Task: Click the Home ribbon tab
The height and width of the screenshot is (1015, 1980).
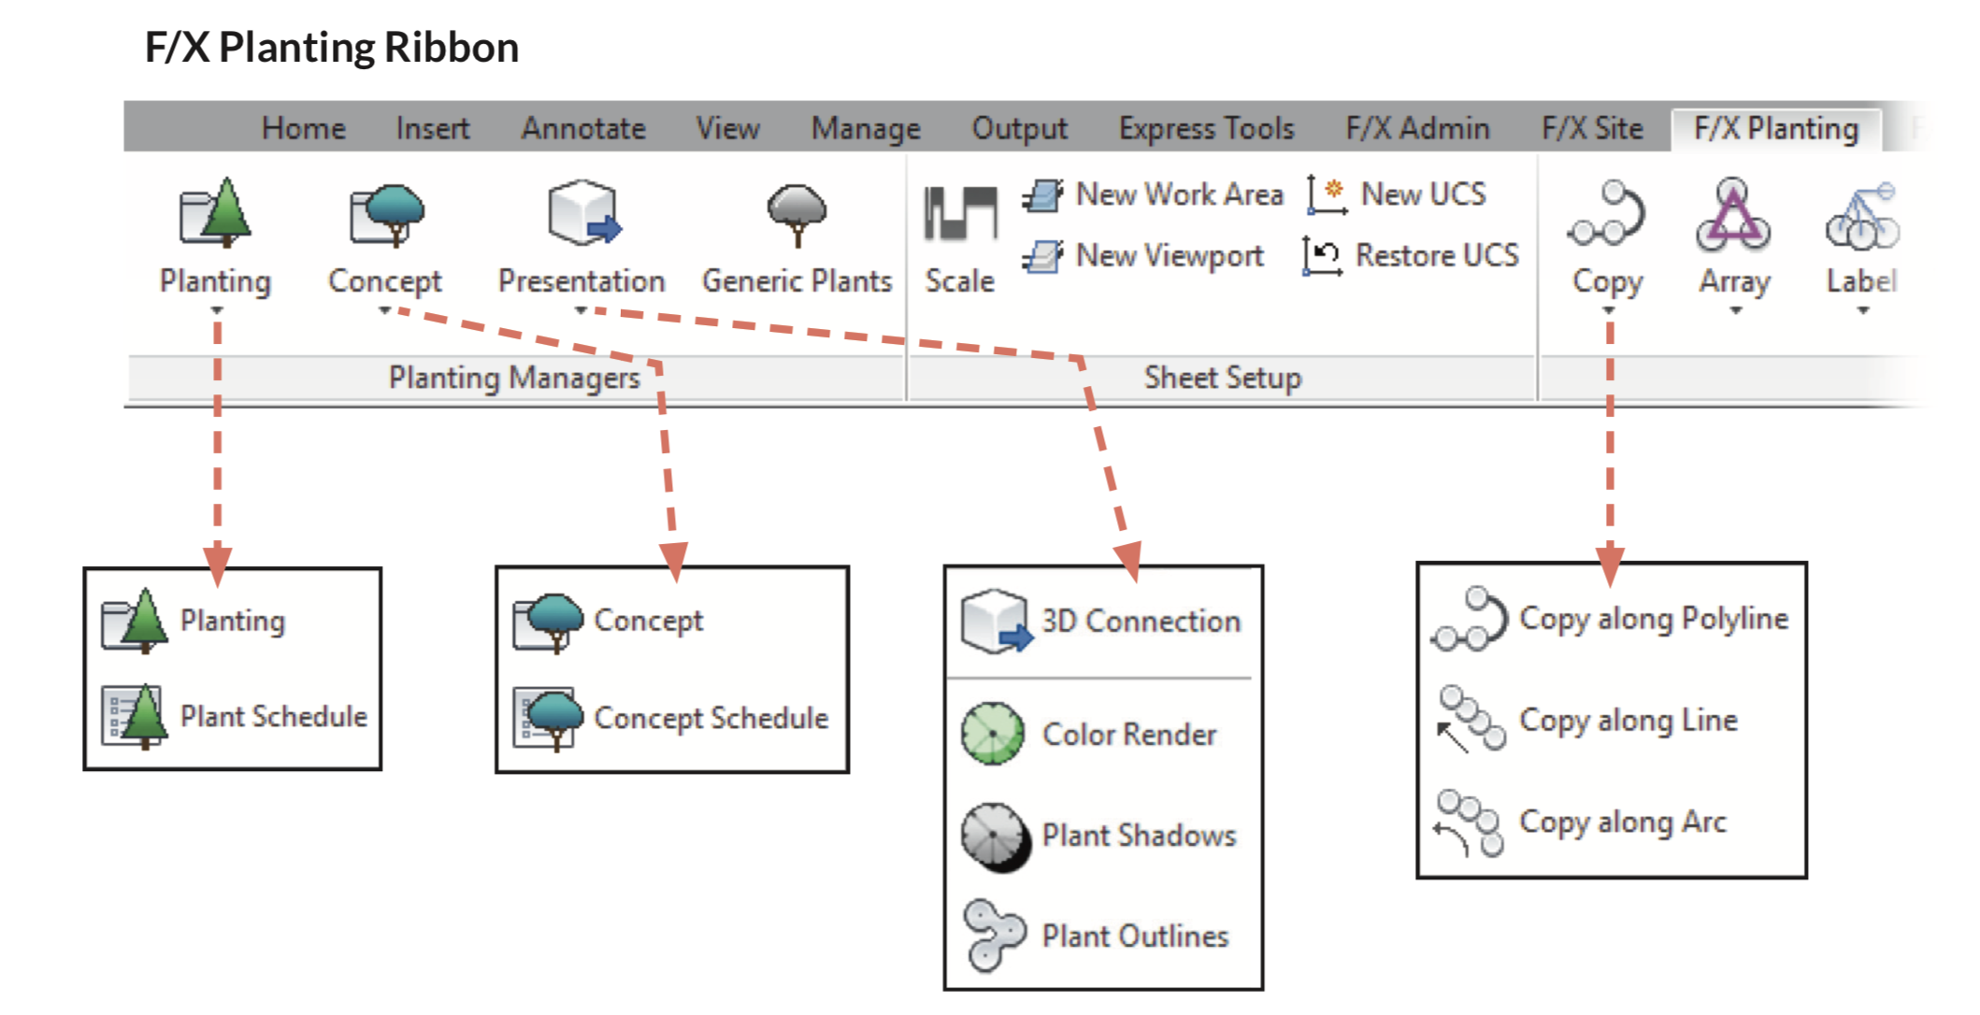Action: [303, 128]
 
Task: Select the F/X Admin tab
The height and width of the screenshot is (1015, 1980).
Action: [1417, 128]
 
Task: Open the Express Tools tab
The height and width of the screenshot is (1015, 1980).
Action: [1206, 128]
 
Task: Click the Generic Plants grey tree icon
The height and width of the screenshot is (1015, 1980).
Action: [796, 214]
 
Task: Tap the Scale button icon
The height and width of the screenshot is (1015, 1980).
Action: [959, 214]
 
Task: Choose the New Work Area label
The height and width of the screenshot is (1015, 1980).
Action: [1179, 194]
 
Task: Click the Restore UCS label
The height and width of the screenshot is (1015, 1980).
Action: [1437, 255]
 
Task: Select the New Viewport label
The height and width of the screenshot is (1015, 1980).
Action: [1169, 255]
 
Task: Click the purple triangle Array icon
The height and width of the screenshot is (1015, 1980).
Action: [1733, 217]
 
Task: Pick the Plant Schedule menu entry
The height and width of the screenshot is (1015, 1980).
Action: [273, 717]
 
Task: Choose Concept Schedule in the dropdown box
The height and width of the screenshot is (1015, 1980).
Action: [710, 718]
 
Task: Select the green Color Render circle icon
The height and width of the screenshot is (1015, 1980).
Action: [993, 735]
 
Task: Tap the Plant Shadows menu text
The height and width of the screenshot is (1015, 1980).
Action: [1139, 836]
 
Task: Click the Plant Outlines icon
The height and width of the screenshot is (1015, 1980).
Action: [993, 935]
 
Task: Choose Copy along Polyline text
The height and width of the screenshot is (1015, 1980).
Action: [1653, 619]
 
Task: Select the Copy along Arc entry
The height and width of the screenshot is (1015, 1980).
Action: [1622, 822]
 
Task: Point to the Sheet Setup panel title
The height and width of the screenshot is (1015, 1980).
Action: [1222, 378]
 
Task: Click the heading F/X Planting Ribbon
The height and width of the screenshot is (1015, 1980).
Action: [332, 48]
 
